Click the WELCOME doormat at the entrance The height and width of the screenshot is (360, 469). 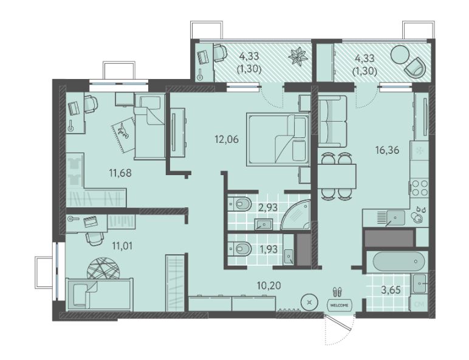[x=339, y=305]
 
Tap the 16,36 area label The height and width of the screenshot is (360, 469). [x=388, y=150]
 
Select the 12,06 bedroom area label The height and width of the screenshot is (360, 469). [x=227, y=139]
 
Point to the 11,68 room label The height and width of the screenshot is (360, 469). [x=120, y=173]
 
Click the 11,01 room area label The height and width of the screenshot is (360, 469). [x=122, y=246]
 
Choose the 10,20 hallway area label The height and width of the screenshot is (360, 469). [x=269, y=285]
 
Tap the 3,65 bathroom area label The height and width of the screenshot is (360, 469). [x=391, y=289]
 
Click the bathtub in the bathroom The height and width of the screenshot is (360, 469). [x=399, y=261]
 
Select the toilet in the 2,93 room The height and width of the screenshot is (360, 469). [x=241, y=204]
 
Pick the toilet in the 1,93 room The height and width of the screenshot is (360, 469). [x=241, y=249]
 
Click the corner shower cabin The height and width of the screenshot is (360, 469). [x=295, y=215]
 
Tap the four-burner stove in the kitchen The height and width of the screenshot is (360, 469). [x=420, y=187]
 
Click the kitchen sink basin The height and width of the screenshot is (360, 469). [x=395, y=218]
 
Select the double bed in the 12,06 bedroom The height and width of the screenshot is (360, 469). [x=278, y=139]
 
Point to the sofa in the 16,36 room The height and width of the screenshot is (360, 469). [x=332, y=121]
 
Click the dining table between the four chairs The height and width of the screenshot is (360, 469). [x=337, y=176]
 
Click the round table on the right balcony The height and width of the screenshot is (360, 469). [x=400, y=55]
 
